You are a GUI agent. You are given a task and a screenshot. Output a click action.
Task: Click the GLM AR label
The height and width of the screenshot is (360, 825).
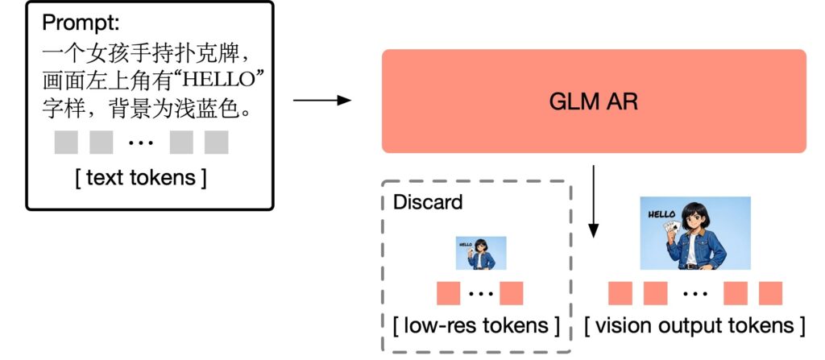click(x=593, y=101)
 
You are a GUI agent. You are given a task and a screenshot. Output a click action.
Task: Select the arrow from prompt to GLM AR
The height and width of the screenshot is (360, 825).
click(x=322, y=101)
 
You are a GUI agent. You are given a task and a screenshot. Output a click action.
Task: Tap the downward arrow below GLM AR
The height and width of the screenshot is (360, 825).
click(x=594, y=201)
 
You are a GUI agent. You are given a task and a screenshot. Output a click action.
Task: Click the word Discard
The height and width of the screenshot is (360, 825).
click(x=428, y=201)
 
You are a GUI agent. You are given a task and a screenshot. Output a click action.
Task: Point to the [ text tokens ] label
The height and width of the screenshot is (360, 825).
click(x=141, y=176)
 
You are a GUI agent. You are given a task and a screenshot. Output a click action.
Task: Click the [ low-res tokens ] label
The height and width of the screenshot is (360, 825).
click(x=476, y=325)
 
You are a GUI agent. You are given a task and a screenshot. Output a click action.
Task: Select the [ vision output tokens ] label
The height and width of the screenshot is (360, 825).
click(x=694, y=325)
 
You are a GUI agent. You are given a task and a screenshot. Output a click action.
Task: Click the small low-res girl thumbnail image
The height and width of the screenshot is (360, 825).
click(x=481, y=252)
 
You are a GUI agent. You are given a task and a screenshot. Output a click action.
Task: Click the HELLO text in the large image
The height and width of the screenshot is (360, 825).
click(x=661, y=214)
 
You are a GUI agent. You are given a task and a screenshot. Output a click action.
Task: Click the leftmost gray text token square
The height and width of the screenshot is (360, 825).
click(x=66, y=142)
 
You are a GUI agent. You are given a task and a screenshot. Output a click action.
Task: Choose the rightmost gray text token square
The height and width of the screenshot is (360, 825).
click(x=217, y=142)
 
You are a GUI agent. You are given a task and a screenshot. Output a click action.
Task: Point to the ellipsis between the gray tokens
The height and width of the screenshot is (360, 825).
click(x=142, y=143)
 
